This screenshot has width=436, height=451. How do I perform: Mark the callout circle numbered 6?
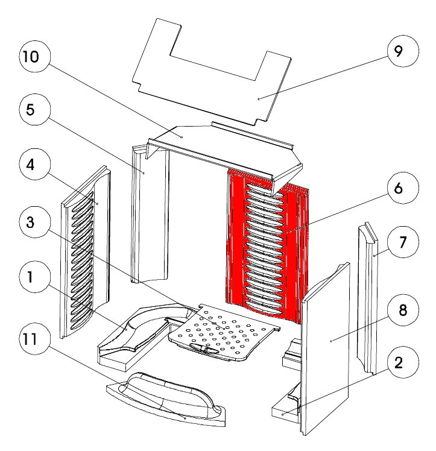398,188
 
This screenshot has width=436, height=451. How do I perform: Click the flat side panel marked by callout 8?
326,350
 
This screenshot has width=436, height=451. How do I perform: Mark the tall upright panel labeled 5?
151,217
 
